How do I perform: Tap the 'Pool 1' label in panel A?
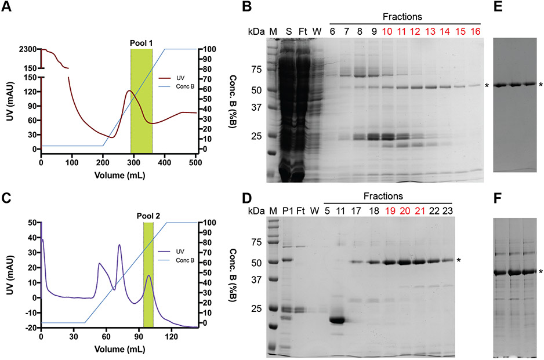(x=142, y=43)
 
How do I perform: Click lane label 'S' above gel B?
(x=289, y=30)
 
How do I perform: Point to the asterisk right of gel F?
(x=541, y=272)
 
